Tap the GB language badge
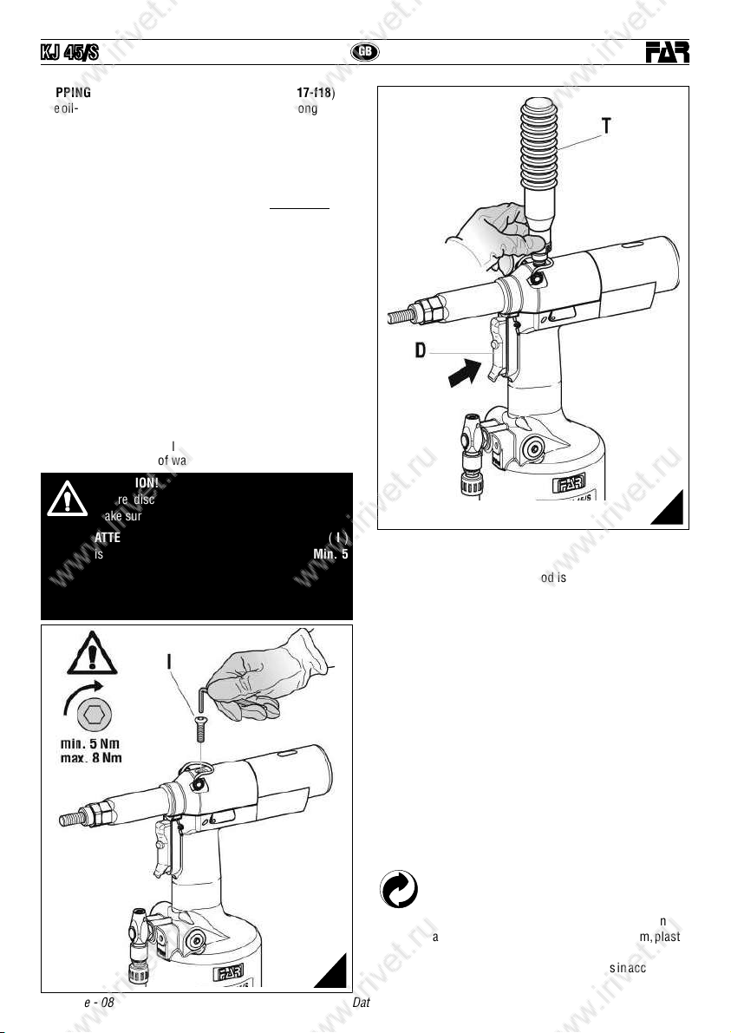click(365, 52)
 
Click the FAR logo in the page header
click(667, 54)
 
